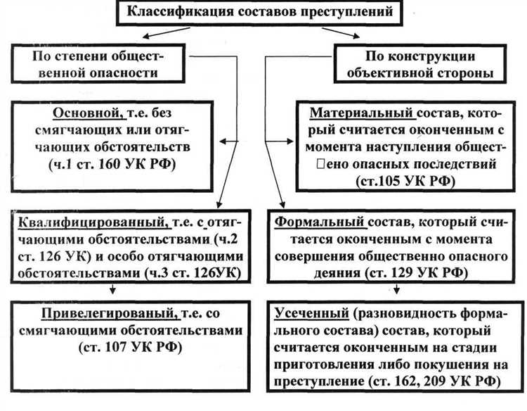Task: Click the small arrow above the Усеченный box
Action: [x=399, y=290]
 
